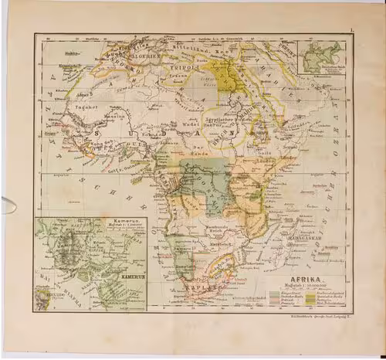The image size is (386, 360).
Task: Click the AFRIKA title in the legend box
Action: click(x=307, y=280)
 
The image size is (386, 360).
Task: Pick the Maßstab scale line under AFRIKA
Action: click(x=306, y=287)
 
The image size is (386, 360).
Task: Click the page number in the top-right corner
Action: click(x=351, y=29)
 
